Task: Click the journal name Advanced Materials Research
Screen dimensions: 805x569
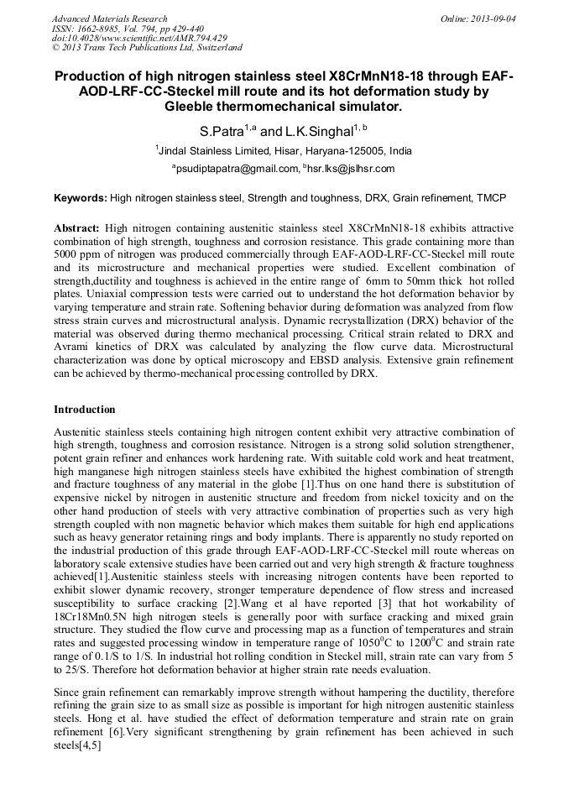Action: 109,18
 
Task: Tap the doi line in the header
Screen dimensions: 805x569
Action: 138,39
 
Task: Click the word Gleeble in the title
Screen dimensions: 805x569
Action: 195,107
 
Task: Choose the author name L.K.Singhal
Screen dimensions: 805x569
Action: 318,133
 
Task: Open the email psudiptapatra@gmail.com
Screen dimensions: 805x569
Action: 237,169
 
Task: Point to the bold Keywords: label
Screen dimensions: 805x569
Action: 81,199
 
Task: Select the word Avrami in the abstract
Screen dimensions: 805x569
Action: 75,348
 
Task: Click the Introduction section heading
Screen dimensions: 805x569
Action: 85,410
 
